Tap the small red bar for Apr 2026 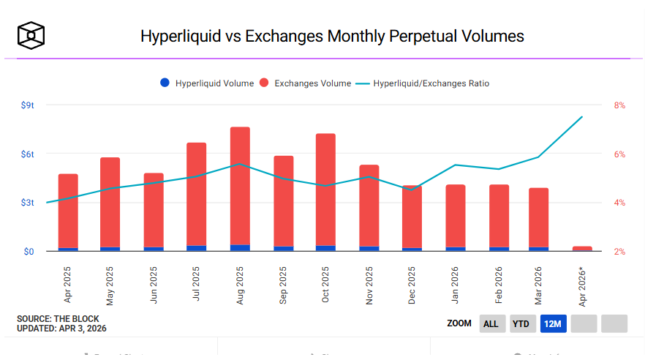pyautogui.click(x=582, y=249)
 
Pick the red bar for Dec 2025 pyautogui.click(x=412, y=216)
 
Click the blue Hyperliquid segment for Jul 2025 pyautogui.click(x=197, y=248)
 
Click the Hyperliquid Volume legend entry pyautogui.click(x=207, y=83)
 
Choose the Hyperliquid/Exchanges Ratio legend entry pyautogui.click(x=423, y=83)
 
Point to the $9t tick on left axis pyautogui.click(x=28, y=105)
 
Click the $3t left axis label pyautogui.click(x=28, y=203)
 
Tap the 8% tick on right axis pyautogui.click(x=619, y=105)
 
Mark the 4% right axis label pyautogui.click(x=619, y=203)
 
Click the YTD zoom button pyautogui.click(x=521, y=323)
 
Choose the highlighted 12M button pyautogui.click(x=553, y=323)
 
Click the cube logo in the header pyautogui.click(x=31, y=34)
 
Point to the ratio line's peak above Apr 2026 pyautogui.click(x=582, y=117)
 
